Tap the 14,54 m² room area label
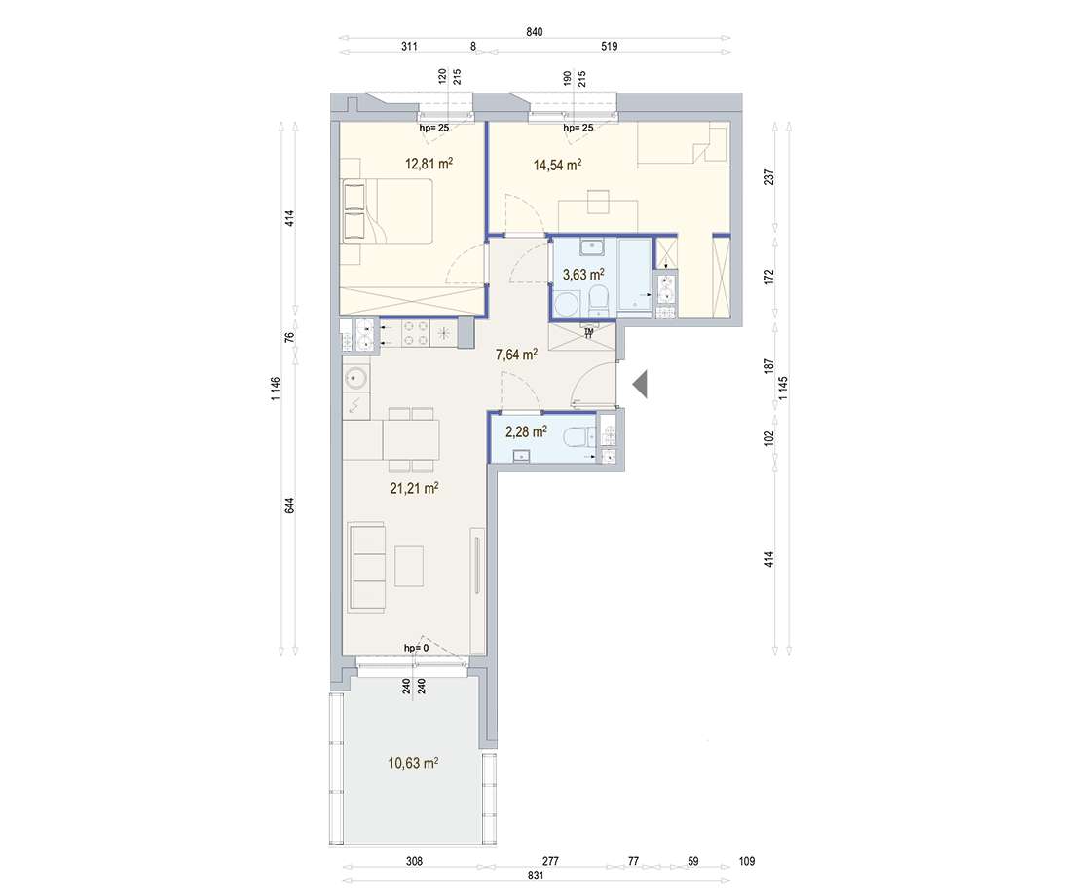click(x=557, y=165)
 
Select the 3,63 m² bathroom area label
click(x=582, y=275)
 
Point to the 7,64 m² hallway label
click(x=517, y=355)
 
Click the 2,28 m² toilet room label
click(x=525, y=429)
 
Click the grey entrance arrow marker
click(x=641, y=385)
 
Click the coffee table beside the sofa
click(x=409, y=566)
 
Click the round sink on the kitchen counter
click(x=355, y=377)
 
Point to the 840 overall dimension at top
click(x=534, y=32)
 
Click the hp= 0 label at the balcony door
click(x=416, y=648)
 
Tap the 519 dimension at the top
click(x=610, y=46)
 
